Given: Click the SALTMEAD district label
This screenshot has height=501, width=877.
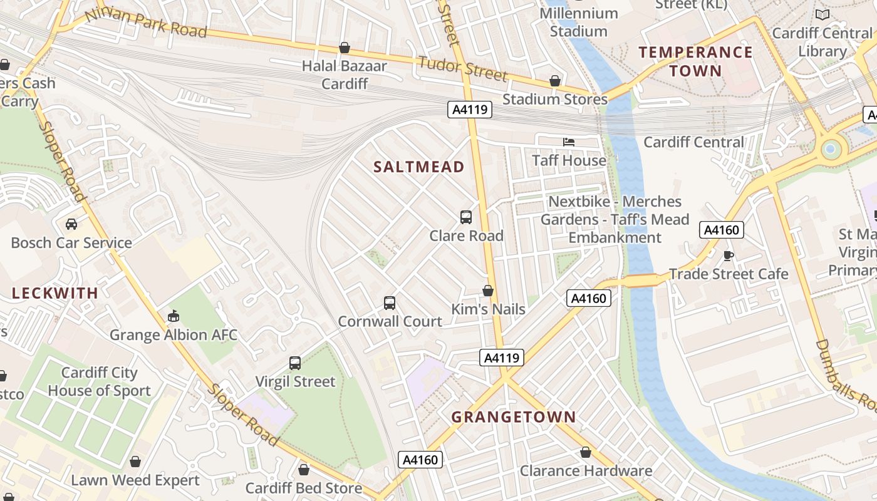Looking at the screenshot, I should tap(418, 167).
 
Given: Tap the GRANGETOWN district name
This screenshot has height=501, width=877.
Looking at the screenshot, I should tap(514, 417).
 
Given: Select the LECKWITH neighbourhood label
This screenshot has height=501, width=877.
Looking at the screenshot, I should tap(55, 293).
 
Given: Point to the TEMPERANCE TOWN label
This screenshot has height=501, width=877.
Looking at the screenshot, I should tap(695, 61).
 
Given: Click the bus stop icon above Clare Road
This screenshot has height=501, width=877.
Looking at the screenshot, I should tap(466, 217).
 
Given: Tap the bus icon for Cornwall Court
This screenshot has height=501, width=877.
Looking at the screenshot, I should tap(390, 303).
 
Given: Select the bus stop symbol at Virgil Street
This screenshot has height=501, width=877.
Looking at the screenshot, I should tap(295, 363).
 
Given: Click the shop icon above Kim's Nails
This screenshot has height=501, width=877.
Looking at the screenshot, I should tap(488, 291).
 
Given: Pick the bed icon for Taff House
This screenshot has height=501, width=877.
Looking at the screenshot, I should tap(569, 142).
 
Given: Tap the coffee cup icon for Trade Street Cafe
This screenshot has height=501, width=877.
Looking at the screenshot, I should tap(728, 256).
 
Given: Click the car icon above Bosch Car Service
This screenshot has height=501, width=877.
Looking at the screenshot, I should tap(71, 224).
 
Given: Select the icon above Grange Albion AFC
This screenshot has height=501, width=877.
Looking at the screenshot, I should tap(174, 316).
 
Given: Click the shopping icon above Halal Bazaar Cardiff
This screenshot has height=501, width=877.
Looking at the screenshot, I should tap(344, 48).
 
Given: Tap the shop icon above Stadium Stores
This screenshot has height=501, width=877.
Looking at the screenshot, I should tap(554, 81).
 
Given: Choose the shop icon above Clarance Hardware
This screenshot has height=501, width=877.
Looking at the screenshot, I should tap(586, 452).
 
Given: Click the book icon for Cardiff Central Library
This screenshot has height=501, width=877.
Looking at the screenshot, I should tap(822, 14).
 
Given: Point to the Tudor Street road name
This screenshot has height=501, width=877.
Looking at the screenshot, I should tap(462, 69).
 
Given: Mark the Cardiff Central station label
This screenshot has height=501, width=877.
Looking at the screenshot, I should tap(693, 142).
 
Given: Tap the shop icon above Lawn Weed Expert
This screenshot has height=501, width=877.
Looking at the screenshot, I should tap(135, 462).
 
